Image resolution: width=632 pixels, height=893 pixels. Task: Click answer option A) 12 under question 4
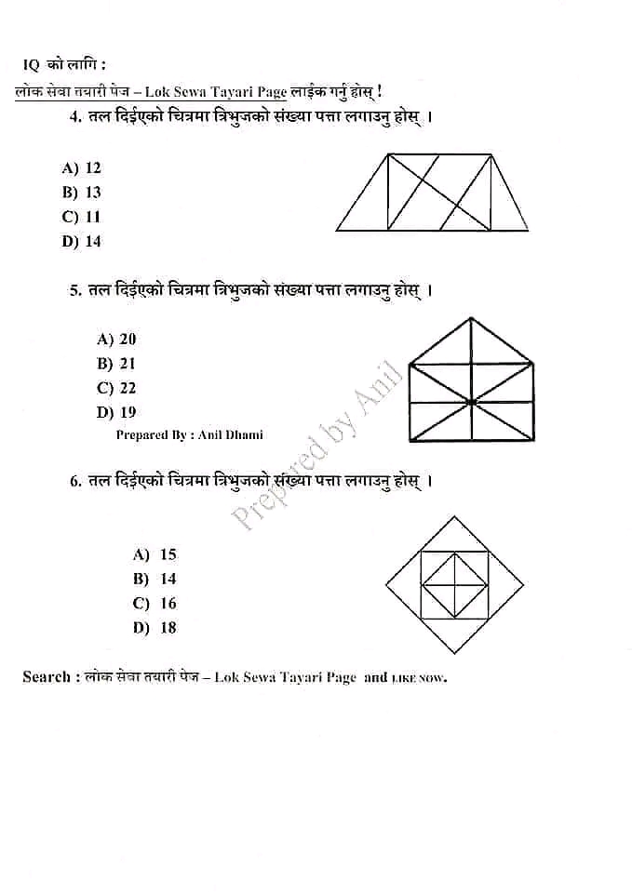tap(82, 168)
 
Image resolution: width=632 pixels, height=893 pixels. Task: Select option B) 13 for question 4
tap(82, 193)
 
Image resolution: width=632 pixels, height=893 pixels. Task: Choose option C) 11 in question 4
tap(82, 217)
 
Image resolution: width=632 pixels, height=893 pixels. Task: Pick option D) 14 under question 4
tap(82, 241)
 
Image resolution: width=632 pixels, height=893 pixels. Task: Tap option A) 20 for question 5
tap(116, 340)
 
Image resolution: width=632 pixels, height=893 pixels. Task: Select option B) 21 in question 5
tap(116, 364)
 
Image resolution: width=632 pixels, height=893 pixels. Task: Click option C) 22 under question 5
tap(116, 388)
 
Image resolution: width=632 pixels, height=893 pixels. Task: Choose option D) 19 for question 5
tap(116, 412)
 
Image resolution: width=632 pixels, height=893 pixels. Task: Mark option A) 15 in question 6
tap(155, 554)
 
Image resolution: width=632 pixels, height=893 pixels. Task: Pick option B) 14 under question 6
tap(155, 579)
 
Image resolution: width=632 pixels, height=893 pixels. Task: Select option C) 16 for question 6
tap(155, 603)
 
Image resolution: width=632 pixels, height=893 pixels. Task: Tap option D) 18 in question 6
tap(155, 627)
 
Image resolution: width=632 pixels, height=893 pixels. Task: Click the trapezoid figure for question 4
tap(432, 193)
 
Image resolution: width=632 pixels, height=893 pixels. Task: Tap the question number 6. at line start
tap(75, 481)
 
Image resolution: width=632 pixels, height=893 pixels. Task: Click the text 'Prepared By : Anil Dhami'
tap(190, 434)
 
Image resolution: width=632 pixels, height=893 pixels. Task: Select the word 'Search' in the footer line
tap(46, 677)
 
